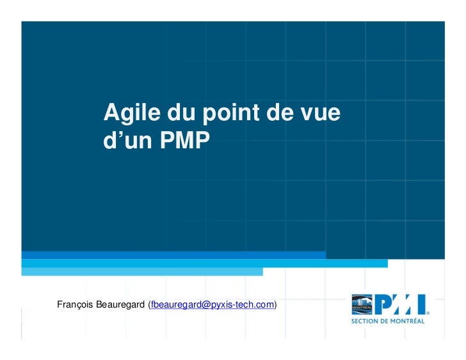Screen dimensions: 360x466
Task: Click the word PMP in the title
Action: pyautogui.click(x=185, y=141)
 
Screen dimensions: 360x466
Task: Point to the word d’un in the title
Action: pyautogui.click(x=127, y=141)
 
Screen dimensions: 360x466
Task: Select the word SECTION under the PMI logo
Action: pyautogui.click(x=367, y=321)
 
